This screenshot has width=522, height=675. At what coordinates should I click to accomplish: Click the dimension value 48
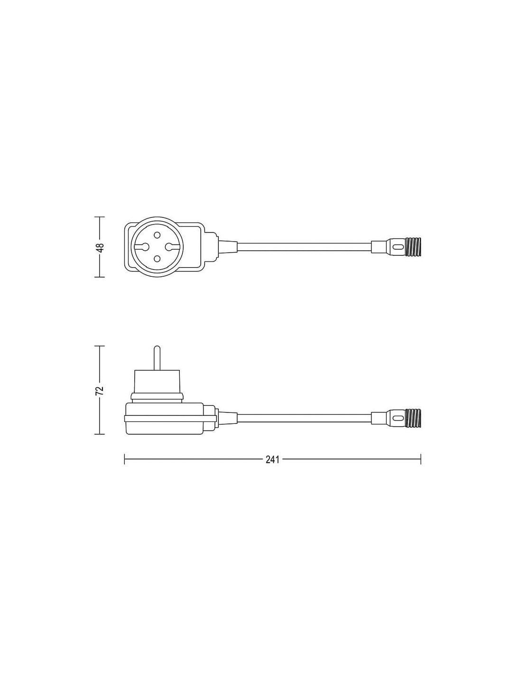(100, 247)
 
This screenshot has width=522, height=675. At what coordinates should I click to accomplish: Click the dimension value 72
(100, 391)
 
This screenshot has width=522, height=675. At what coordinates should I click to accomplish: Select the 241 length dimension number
(272, 459)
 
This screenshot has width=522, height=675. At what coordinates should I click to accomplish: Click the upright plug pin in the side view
(157, 357)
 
